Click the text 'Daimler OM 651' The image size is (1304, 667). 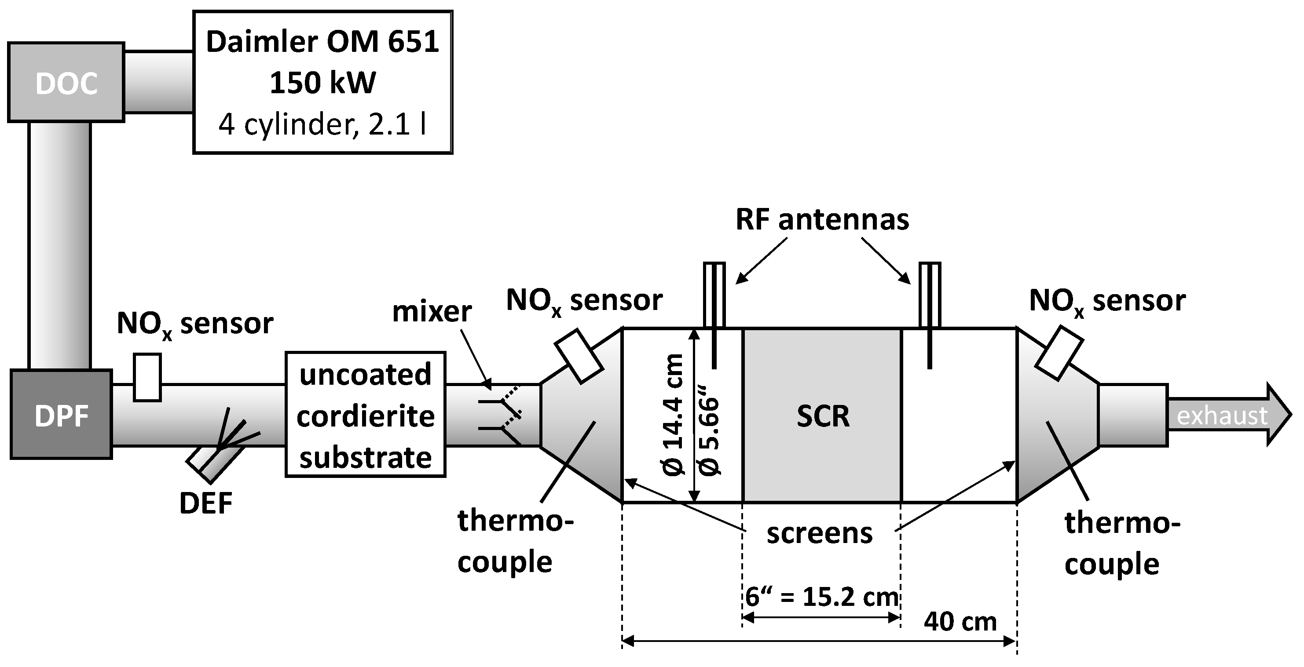point(322,41)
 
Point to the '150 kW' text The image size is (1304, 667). point(322,83)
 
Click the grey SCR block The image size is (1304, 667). point(822,416)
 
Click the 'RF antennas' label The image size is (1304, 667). point(822,220)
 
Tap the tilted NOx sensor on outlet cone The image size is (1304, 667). point(1058,353)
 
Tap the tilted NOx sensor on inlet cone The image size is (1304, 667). point(579,356)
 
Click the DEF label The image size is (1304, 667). point(205,503)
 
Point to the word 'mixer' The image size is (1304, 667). point(432,311)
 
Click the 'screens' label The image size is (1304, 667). point(820,533)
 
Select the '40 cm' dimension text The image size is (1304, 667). point(960,621)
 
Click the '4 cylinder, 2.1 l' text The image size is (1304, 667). point(322,124)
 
